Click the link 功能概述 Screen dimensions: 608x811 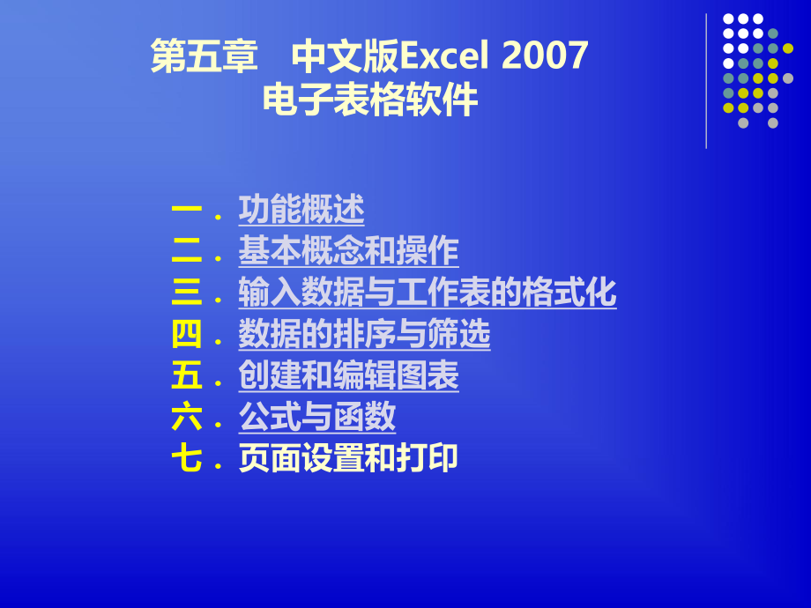click(x=301, y=210)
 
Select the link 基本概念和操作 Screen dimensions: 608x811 click(x=348, y=251)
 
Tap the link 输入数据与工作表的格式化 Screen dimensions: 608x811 click(x=427, y=293)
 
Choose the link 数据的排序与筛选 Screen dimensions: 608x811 click(x=364, y=335)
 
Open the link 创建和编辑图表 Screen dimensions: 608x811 click(x=348, y=376)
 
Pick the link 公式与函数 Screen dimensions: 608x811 click(x=316, y=418)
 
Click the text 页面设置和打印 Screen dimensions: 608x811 click(x=348, y=459)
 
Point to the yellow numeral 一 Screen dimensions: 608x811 click(x=187, y=210)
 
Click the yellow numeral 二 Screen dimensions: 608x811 click(x=187, y=251)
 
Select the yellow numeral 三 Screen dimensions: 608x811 click(x=187, y=293)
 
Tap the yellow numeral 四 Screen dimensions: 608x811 click(x=187, y=335)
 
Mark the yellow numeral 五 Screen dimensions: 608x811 click(x=187, y=376)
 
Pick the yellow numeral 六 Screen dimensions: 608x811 click(x=187, y=418)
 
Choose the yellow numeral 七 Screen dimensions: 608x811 click(x=187, y=459)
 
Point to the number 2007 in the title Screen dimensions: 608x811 click(x=545, y=57)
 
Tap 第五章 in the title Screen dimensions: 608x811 click(x=204, y=57)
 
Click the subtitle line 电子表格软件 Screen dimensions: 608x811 click(x=370, y=100)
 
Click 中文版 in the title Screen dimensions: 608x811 click(x=345, y=57)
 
